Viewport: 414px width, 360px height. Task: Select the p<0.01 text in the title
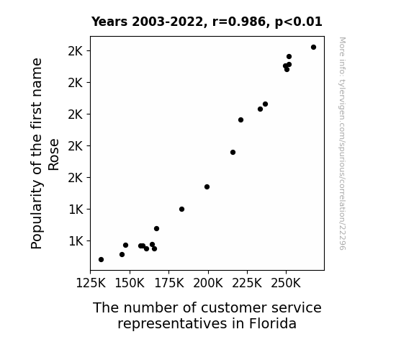[299, 22]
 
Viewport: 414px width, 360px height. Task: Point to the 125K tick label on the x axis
[91, 284]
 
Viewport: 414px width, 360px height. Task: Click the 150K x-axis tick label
[130, 284]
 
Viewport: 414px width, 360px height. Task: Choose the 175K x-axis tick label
[169, 284]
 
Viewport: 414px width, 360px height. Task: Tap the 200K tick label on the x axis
[208, 284]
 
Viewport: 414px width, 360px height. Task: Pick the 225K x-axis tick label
[247, 284]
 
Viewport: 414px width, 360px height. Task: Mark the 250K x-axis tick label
[286, 284]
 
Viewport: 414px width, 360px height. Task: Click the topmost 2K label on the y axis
[76, 51]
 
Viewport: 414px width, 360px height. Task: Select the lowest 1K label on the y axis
[76, 241]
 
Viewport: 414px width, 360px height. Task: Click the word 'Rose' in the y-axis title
[53, 155]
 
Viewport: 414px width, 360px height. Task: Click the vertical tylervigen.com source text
[342, 143]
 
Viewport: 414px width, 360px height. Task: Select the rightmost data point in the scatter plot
[313, 48]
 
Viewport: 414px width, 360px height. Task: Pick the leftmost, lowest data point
[101, 260]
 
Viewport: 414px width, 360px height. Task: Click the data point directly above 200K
[207, 187]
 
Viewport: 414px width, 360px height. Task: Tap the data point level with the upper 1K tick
[181, 210]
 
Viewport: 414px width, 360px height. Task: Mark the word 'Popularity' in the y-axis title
[37, 214]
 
